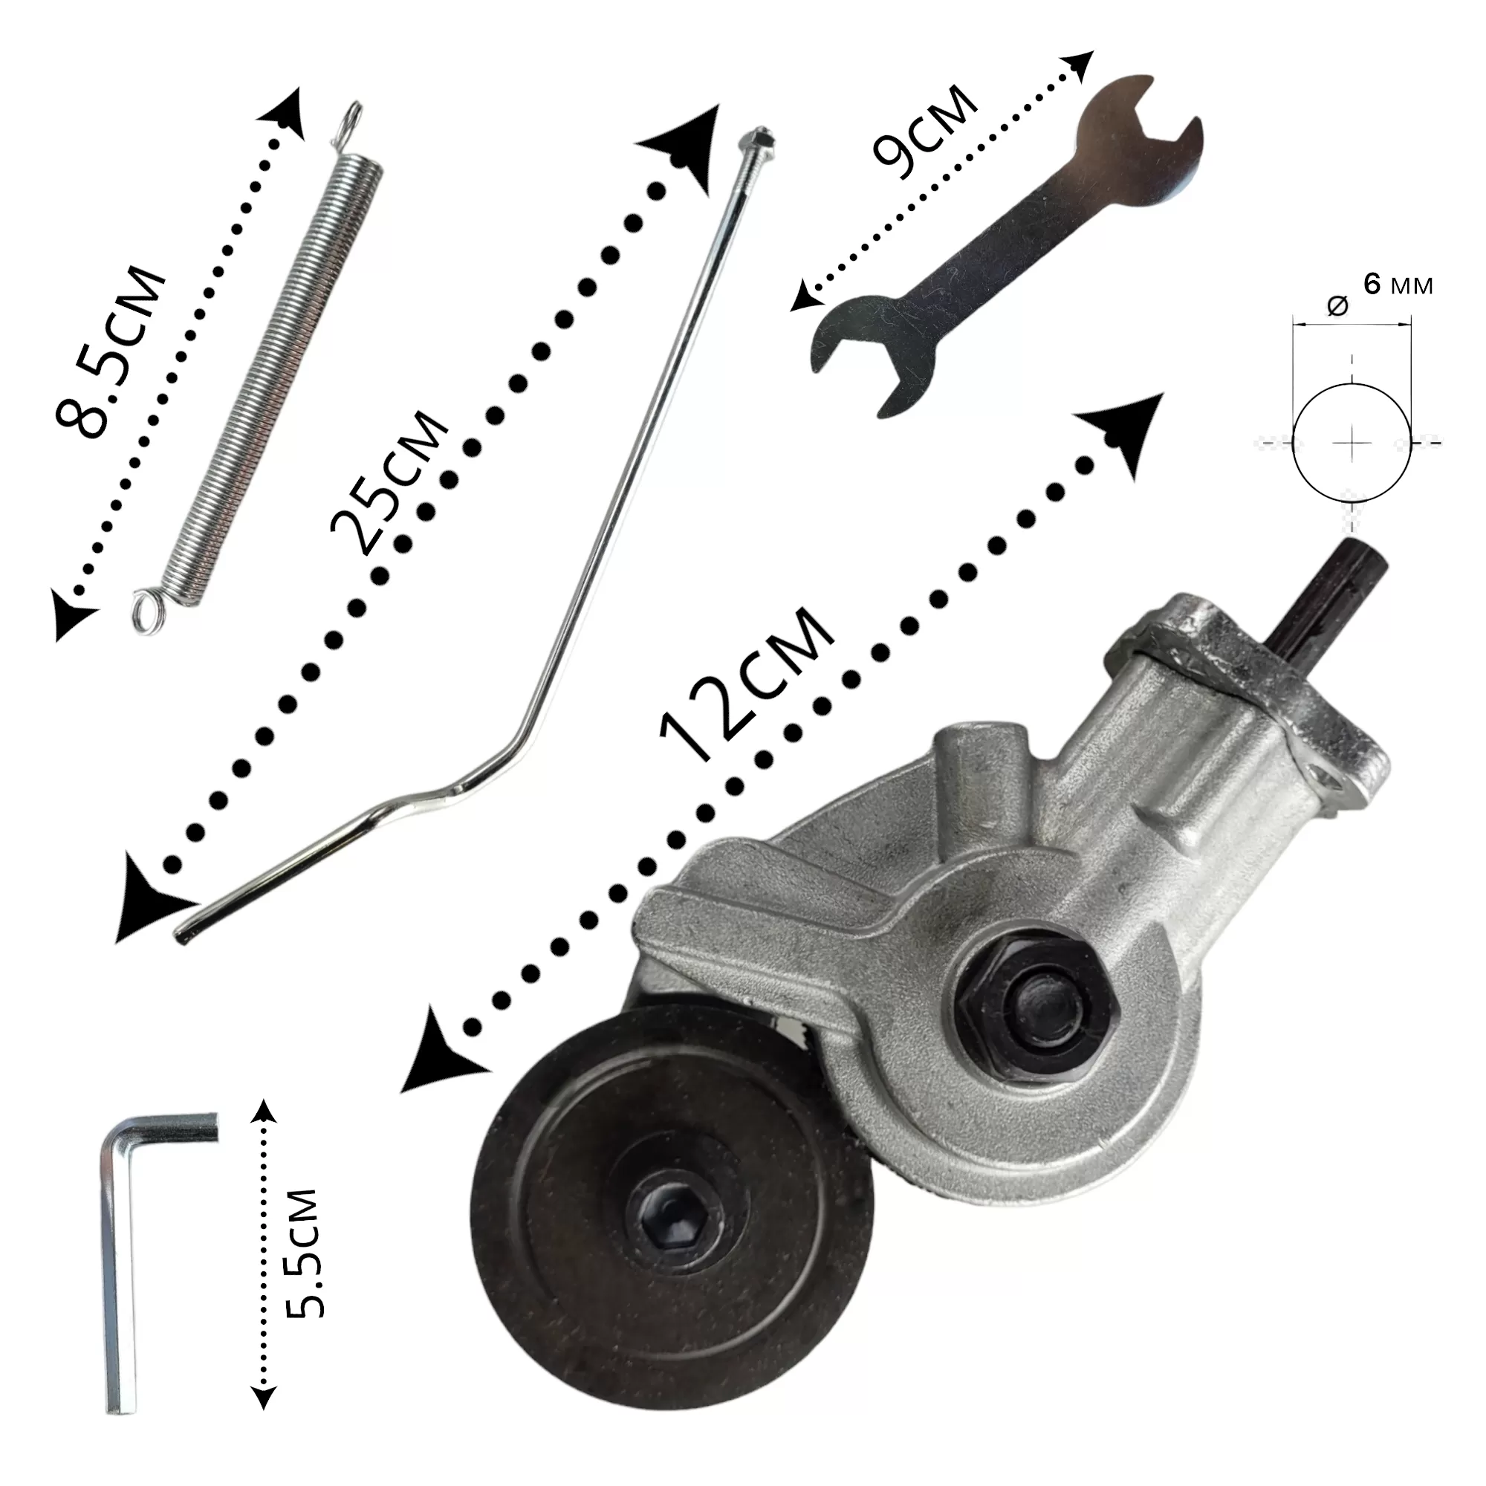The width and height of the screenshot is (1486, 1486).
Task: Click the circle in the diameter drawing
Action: point(1352,443)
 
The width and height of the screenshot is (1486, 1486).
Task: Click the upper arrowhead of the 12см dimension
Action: point(1127,432)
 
